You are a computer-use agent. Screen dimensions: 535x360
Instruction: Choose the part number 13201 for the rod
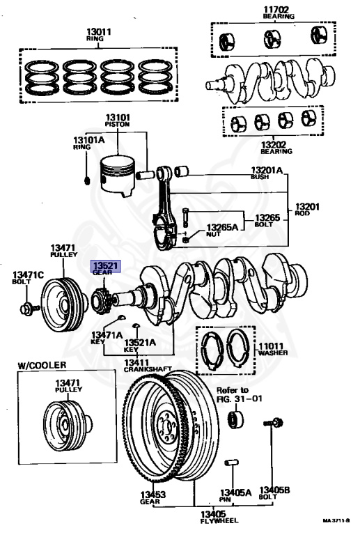307,206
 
